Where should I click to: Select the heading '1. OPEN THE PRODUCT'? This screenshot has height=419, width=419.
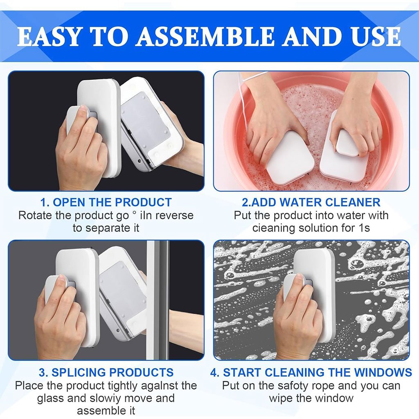(x=106, y=202)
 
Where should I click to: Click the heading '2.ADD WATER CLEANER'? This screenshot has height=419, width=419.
(x=311, y=202)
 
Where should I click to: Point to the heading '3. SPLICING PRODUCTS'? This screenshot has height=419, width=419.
(x=106, y=372)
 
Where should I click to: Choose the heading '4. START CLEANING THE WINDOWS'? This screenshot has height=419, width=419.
(x=311, y=372)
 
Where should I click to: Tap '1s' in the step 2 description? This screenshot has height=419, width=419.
(x=364, y=228)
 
